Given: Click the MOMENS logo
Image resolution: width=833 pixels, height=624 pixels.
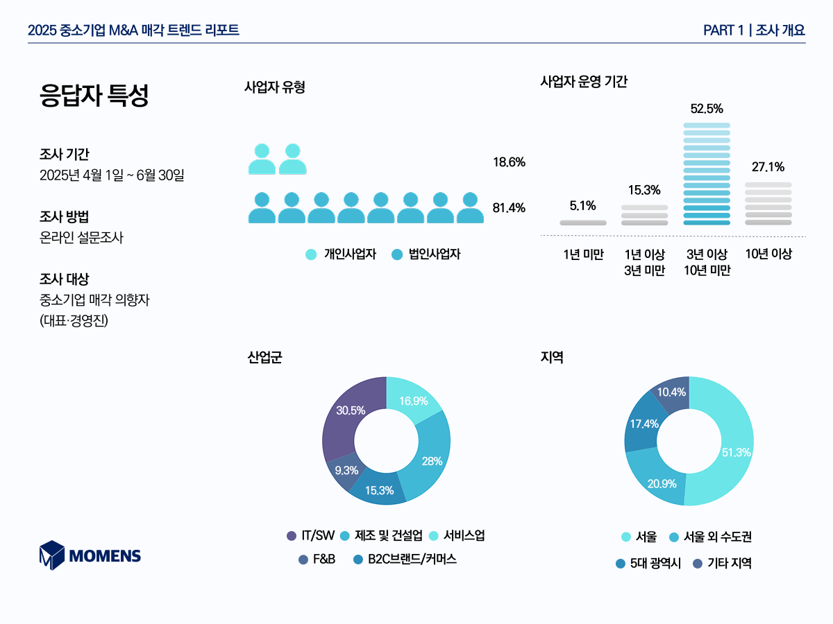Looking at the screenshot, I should pos(90,555).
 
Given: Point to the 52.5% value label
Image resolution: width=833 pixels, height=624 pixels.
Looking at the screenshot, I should pos(707,109).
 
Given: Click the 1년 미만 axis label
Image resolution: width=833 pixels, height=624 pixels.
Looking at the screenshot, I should pos(583,254).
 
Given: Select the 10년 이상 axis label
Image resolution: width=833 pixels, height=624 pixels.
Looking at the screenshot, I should pos(768,254).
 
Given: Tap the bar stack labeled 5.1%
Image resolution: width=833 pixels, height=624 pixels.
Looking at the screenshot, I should pos(583,223).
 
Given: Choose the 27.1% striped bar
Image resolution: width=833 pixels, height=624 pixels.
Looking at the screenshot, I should pos(768,204).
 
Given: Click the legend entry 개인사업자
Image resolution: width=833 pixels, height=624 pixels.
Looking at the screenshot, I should pos(342,254).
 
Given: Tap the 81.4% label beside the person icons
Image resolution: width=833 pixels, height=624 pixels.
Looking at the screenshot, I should pos(509,208).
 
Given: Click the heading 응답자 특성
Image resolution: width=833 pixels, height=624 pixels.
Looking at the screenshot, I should pos(94,95).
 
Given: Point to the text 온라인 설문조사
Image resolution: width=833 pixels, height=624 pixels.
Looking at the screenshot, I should pos(81,238).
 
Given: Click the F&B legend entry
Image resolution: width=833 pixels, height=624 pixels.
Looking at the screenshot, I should pos(317,560).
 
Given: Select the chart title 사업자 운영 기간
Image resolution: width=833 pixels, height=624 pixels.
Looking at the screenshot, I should pos(584,81).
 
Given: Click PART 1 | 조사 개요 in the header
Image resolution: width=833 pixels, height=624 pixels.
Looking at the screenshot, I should pos(754,30).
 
